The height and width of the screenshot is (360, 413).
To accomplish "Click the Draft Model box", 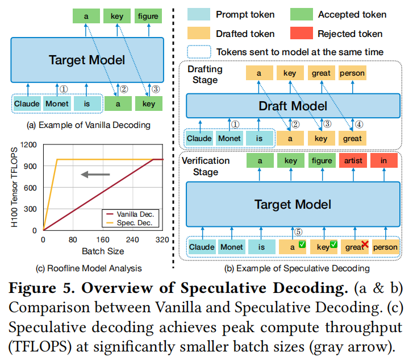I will [292, 106].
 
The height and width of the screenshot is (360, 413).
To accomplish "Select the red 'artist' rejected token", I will [352, 161].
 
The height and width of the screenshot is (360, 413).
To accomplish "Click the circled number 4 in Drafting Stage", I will [360, 123].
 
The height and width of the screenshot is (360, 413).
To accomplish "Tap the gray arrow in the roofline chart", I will [93, 174].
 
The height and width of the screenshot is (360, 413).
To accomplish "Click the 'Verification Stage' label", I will [205, 165].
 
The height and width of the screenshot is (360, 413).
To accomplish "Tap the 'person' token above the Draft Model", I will [352, 73].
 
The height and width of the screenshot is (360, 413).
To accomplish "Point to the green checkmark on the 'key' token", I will [333, 245].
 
